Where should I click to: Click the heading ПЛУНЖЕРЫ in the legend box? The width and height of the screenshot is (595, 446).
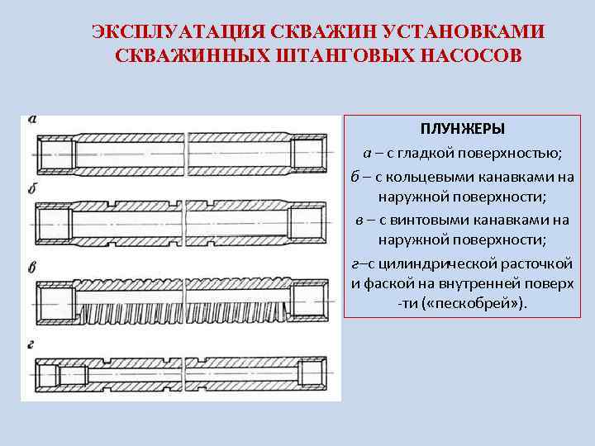(x=463, y=130)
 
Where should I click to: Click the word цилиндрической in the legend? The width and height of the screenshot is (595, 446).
(x=447, y=264)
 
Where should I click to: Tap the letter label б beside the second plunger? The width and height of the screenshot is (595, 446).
(x=32, y=189)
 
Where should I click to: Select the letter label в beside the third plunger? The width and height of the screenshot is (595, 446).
(x=32, y=266)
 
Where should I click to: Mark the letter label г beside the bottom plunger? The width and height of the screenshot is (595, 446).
(x=32, y=340)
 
